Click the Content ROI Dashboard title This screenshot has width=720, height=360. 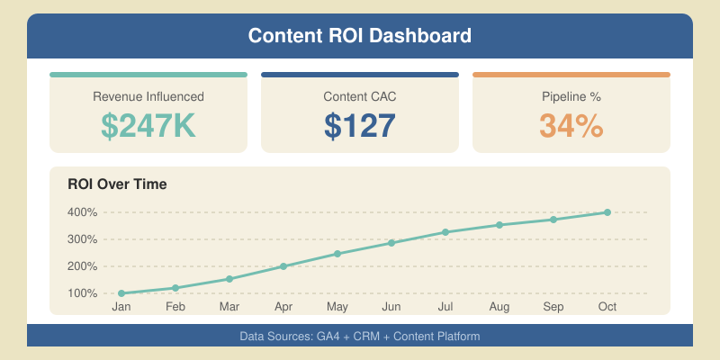360,37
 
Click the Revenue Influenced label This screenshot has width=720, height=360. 148,96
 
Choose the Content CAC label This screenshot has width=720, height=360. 360,96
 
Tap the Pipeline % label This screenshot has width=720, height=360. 571,96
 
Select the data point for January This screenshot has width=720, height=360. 121,293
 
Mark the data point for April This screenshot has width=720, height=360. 283,266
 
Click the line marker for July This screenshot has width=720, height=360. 445,232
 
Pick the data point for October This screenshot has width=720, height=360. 607,212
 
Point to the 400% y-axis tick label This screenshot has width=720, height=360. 82,212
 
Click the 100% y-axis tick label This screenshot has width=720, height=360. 82,293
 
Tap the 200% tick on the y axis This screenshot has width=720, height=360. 82,266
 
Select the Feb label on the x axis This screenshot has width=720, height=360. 175,308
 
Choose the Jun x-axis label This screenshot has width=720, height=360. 391,308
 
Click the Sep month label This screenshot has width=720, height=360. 553,308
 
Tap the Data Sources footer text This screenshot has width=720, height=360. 360,336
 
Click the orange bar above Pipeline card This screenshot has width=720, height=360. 571,75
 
